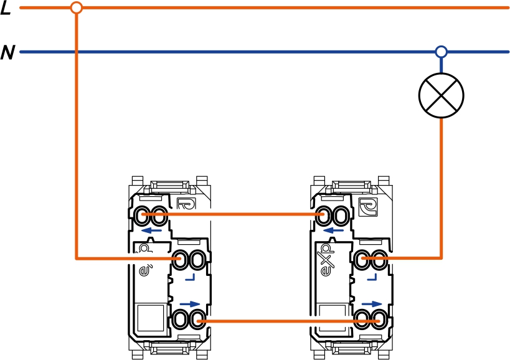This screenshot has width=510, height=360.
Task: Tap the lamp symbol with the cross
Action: pyautogui.click(x=441, y=97)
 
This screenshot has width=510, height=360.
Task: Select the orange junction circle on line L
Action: pyautogui.click(x=76, y=8)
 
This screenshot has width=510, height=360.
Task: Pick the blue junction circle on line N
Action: pyautogui.click(x=441, y=52)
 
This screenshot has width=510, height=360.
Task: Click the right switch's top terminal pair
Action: pyautogui.click(x=331, y=216)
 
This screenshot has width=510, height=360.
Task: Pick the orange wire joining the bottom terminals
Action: pyautogui.click(x=280, y=321)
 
